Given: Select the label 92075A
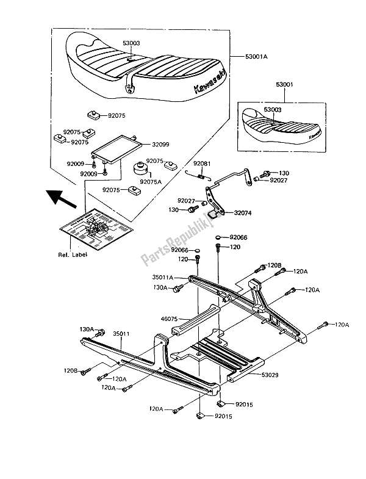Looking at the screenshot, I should (x=150, y=181).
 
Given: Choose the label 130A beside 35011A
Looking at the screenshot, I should (x=160, y=287).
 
